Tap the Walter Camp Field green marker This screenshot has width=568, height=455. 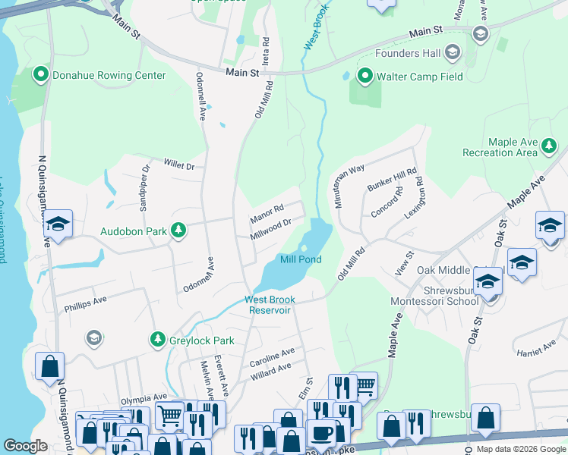pyautogui.click(x=365, y=75)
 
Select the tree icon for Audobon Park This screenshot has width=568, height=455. pyautogui.click(x=178, y=229)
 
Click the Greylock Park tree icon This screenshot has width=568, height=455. pyautogui.click(x=157, y=338)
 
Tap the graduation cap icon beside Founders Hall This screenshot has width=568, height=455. pyautogui.click(x=453, y=52)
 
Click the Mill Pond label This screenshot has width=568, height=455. pyautogui.click(x=301, y=259)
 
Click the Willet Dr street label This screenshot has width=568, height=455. pyautogui.click(x=179, y=165)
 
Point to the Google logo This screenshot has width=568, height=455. pyautogui.click(x=25, y=446)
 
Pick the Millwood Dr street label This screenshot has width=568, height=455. pyautogui.click(x=272, y=228)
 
